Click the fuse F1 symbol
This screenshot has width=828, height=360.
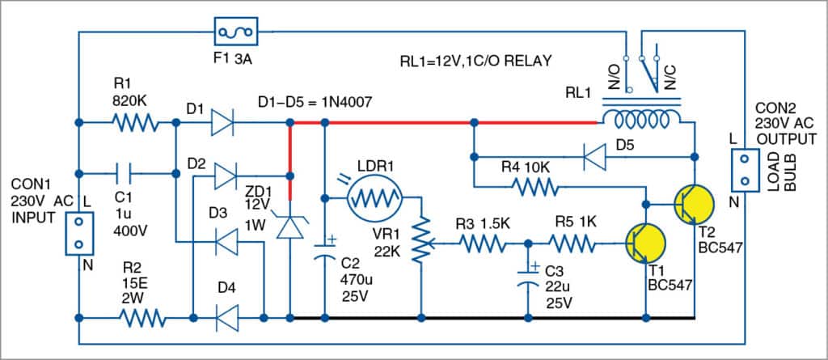(x=235, y=33)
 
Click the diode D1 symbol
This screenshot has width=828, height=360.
(x=224, y=124)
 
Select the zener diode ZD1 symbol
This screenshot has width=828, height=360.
(x=289, y=224)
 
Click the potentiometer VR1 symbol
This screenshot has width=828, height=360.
(x=420, y=242)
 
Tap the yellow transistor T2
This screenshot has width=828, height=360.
(x=694, y=203)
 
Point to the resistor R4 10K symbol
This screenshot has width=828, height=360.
(x=534, y=187)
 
